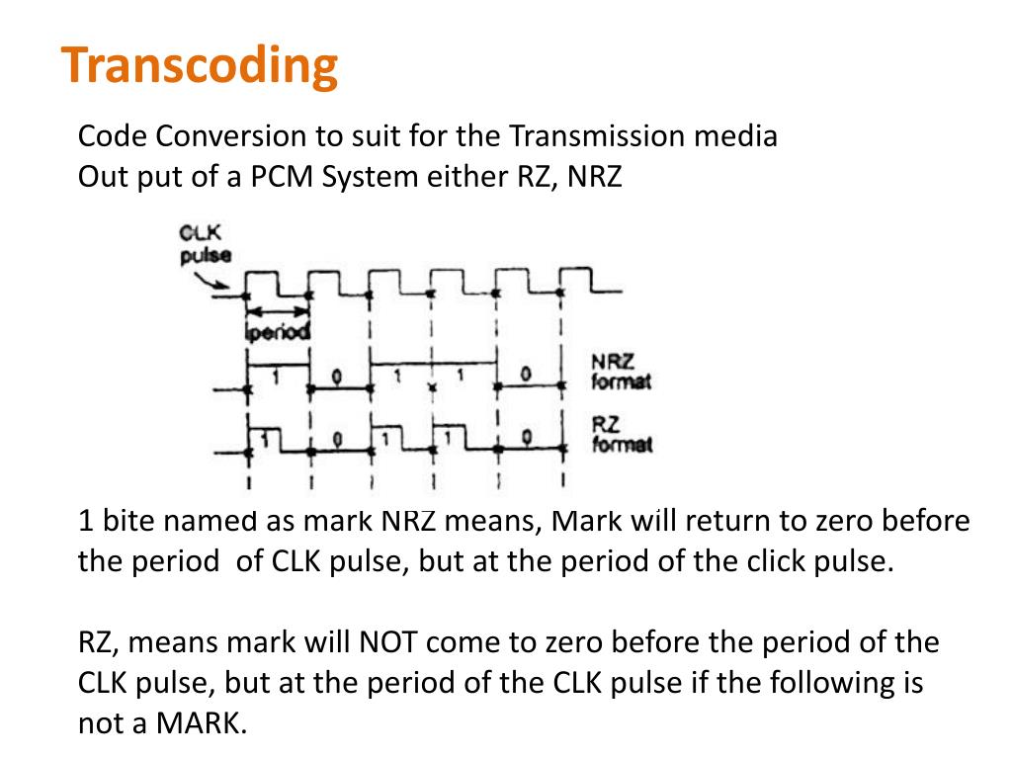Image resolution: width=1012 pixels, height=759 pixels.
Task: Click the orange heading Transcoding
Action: [200, 66]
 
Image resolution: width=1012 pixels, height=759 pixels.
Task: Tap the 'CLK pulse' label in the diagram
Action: [206, 244]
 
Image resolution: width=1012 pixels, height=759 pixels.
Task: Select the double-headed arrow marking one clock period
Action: [278, 311]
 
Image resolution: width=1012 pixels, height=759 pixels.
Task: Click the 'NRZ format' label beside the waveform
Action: [621, 372]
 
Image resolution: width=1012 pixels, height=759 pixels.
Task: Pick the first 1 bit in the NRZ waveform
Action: [277, 377]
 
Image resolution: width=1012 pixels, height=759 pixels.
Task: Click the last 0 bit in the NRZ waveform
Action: [526, 374]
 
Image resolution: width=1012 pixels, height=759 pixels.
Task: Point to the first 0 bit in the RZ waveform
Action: [337, 439]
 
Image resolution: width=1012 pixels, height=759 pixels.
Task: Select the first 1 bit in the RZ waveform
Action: [264, 439]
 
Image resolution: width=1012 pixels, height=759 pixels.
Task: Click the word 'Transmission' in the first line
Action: [596, 136]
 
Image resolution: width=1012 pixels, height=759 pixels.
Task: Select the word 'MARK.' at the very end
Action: [202, 722]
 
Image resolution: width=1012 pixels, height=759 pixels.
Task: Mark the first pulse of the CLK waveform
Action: [261, 283]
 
